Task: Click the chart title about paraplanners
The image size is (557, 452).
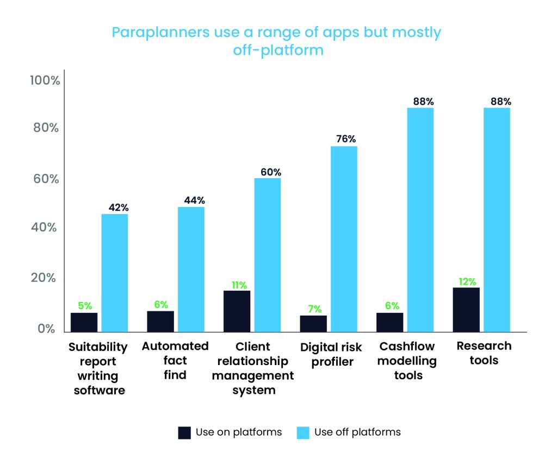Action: pyautogui.click(x=276, y=41)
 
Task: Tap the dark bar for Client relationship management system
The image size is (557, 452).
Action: pyautogui.click(x=237, y=311)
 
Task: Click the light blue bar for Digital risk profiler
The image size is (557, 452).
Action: pyautogui.click(x=344, y=238)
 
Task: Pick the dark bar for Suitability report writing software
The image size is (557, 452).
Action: pyautogui.click(x=84, y=322)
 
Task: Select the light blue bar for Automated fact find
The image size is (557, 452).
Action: pyautogui.click(x=191, y=269)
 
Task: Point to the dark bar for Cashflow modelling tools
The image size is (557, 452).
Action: pyautogui.click(x=389, y=322)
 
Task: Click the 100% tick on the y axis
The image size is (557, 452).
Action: pyautogui.click(x=45, y=81)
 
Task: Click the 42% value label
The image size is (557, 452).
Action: pyautogui.click(x=118, y=208)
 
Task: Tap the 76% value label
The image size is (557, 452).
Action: pyautogui.click(x=346, y=139)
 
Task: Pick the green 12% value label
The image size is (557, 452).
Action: pyautogui.click(x=467, y=281)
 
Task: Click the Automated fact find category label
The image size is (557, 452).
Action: pyautogui.click(x=175, y=360)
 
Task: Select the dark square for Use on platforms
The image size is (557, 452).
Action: pyautogui.click(x=184, y=432)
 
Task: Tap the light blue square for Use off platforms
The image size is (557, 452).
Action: pyautogui.click(x=303, y=432)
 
